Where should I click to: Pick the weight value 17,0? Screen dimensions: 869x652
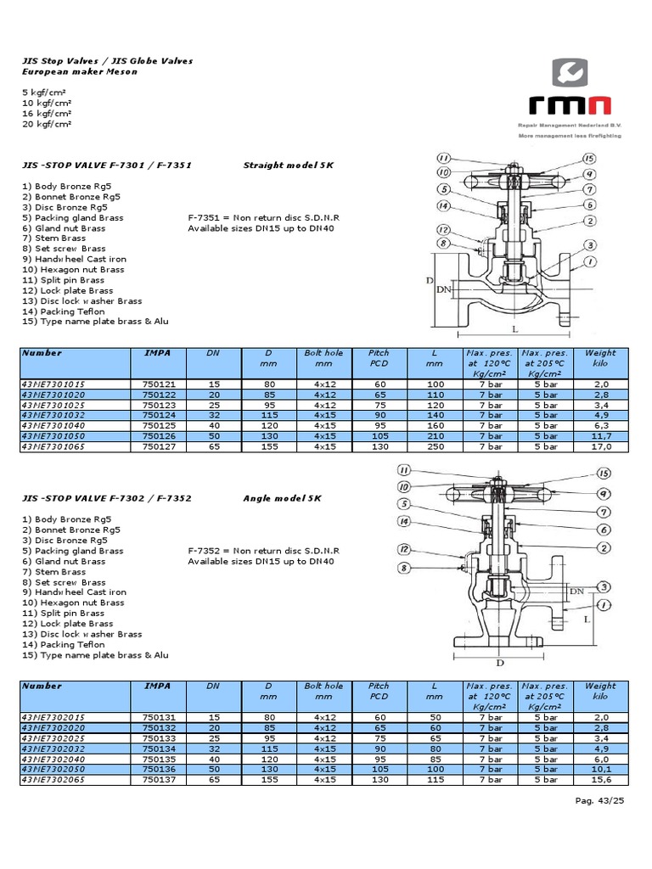coord(600,446)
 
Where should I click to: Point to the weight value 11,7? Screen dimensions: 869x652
coord(600,436)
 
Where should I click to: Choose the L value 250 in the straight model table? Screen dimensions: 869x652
coord(435,446)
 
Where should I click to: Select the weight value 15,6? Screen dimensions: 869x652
coord(600,779)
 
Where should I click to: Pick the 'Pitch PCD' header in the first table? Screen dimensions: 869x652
coord(379,358)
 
